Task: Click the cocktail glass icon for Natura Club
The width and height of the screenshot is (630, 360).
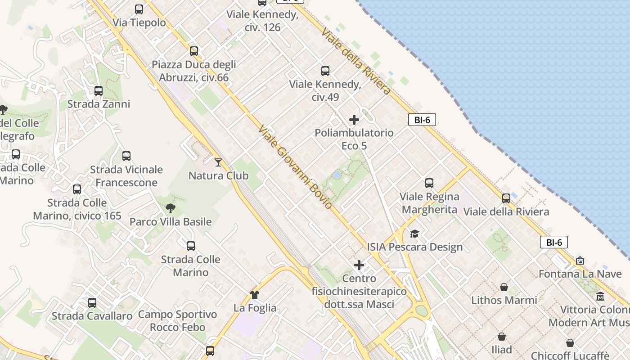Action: click(x=218, y=162)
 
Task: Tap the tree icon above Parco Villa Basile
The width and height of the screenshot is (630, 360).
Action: click(x=170, y=208)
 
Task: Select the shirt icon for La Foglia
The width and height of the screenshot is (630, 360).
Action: click(x=255, y=295)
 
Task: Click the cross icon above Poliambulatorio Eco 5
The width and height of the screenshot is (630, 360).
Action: click(x=354, y=120)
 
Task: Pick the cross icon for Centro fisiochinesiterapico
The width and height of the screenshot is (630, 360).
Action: click(x=359, y=265)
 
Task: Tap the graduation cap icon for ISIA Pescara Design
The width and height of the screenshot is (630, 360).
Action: click(x=414, y=234)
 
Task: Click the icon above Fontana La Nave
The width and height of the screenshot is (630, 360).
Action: click(x=580, y=261)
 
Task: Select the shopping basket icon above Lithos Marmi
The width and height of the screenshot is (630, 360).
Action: click(x=504, y=287)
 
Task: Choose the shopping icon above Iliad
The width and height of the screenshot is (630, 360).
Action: click(x=502, y=337)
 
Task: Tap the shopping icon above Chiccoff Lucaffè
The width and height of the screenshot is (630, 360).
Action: click(x=570, y=343)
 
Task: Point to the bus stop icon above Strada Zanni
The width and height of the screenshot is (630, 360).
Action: click(x=99, y=91)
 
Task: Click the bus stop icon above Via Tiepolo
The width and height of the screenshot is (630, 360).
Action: click(x=139, y=9)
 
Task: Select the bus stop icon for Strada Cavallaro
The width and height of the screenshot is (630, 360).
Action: click(x=92, y=303)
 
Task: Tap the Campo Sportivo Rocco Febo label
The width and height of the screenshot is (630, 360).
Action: click(x=177, y=321)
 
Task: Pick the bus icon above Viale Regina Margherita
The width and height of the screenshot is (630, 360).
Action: click(x=429, y=183)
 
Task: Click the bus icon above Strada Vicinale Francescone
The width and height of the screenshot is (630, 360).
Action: click(x=126, y=156)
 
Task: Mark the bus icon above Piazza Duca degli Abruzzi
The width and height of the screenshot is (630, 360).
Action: click(x=194, y=51)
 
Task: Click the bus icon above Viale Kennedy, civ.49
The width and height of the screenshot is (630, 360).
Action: click(x=325, y=71)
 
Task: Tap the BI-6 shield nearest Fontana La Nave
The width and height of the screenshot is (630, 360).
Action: click(x=554, y=242)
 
